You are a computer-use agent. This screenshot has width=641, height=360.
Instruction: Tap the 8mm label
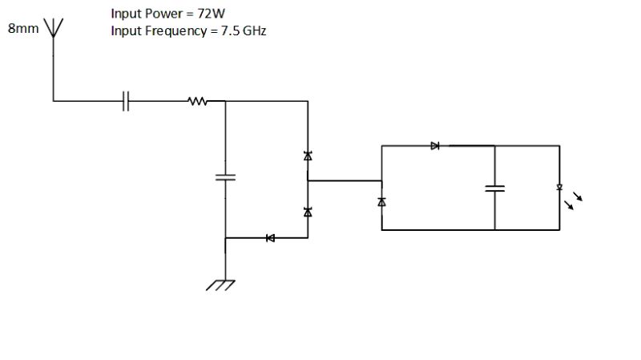[22, 29]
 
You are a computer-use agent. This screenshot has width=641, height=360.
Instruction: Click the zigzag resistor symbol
[196, 101]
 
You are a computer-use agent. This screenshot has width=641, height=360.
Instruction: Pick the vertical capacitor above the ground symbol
[226, 176]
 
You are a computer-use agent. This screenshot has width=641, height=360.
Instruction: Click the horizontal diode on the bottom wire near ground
[270, 238]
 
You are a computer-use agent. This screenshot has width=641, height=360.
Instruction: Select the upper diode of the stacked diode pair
[308, 156]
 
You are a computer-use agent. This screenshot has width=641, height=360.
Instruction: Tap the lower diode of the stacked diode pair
[308, 212]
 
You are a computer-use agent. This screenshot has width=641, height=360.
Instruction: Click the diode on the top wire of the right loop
[435, 146]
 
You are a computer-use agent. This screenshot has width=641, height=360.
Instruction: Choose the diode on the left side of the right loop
[382, 201]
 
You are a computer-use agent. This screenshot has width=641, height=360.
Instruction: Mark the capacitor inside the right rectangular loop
[495, 188]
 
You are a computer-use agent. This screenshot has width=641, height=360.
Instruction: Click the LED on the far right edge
[559, 188]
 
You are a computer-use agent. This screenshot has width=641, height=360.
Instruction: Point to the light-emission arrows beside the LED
[574, 200]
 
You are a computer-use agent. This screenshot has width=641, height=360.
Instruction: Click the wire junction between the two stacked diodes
[308, 181]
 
